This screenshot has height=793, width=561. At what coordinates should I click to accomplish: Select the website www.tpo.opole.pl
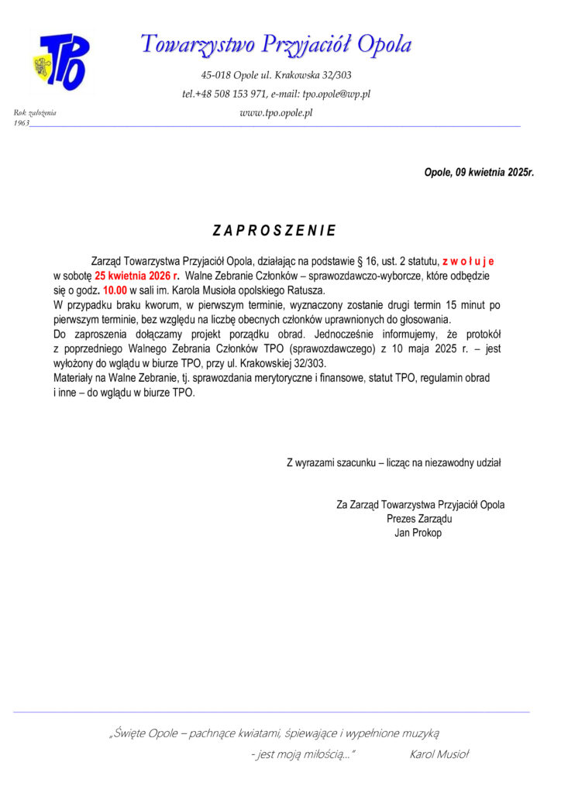(276, 113)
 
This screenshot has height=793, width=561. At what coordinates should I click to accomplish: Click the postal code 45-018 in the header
(218, 75)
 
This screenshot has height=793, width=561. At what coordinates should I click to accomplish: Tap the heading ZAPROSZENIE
(274, 231)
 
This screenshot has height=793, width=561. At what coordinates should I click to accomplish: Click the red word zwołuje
(468, 263)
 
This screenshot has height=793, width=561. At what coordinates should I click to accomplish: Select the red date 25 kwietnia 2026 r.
(137, 276)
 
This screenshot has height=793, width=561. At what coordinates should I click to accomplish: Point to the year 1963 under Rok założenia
(22, 123)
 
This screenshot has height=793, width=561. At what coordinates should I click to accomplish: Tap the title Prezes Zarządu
(419, 519)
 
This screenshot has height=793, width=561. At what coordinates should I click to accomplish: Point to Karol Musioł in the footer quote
(439, 754)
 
